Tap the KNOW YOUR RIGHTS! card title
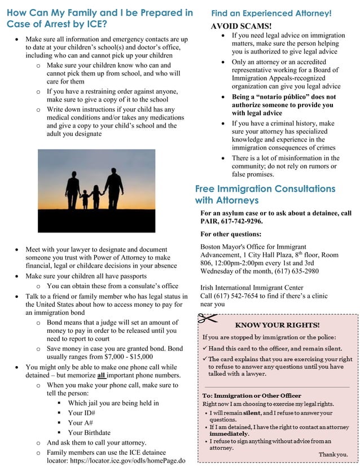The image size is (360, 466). [277, 325]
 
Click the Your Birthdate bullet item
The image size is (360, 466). [89, 432]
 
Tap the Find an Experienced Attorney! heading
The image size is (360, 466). [271, 12]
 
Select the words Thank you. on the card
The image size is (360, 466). [333, 454]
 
